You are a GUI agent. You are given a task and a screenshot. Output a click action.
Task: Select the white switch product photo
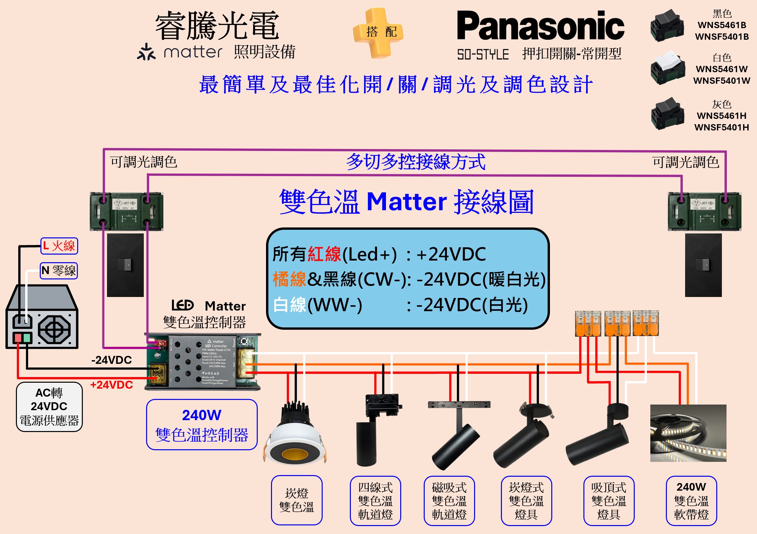click(667, 68)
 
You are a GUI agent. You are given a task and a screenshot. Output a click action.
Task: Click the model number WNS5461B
click(722, 25)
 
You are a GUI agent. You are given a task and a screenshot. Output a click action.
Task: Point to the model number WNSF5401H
click(722, 127)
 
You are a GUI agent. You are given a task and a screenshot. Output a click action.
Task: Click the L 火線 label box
click(59, 246)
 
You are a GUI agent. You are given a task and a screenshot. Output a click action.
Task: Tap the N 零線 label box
click(59, 271)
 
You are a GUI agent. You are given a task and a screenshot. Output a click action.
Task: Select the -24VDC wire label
click(112, 360)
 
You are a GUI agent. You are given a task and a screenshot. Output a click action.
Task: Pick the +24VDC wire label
click(112, 385)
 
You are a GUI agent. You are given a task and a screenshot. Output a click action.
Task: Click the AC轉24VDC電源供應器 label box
click(49, 407)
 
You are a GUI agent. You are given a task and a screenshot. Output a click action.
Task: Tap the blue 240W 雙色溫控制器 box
click(202, 425)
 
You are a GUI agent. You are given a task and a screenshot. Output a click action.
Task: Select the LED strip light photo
click(688, 433)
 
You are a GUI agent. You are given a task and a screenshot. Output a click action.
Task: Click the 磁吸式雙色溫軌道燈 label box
click(449, 501)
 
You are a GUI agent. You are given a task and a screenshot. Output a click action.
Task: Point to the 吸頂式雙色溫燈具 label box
click(609, 501)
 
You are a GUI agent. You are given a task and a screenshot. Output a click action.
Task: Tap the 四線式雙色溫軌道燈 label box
click(375, 501)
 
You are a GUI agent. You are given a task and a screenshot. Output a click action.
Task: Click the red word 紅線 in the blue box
click(324, 254)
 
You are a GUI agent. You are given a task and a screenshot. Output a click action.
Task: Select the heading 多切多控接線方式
click(416, 162)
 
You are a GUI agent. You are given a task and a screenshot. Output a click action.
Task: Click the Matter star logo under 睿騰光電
click(146, 52)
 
